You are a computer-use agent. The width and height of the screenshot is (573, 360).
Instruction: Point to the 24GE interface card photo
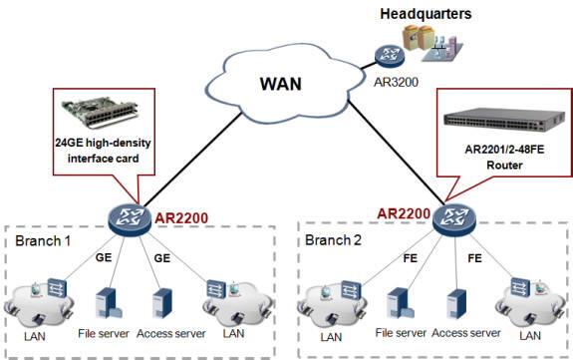(99, 109)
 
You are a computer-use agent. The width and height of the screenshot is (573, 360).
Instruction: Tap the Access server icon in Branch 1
(162, 304)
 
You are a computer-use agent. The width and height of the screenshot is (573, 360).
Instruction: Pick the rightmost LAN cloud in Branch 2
(523, 305)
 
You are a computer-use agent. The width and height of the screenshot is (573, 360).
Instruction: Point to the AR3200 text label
(391, 85)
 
